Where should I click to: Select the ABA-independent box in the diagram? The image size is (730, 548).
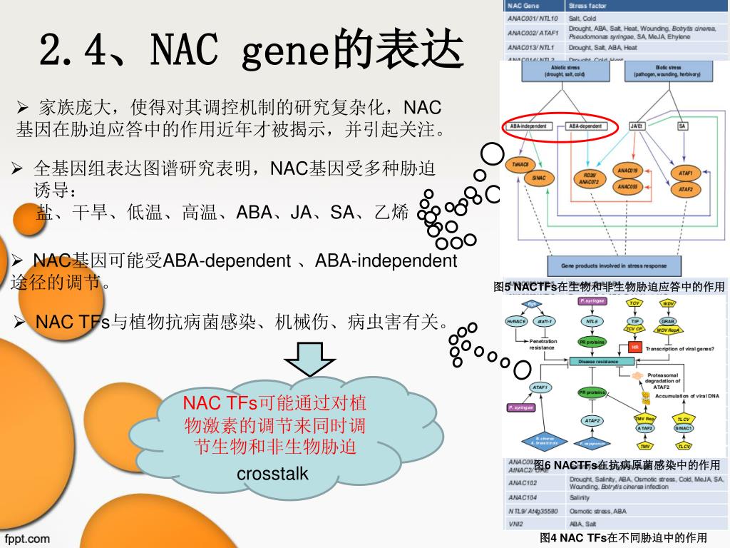(x=528, y=126)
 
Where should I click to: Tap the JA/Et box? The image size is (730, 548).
(x=637, y=126)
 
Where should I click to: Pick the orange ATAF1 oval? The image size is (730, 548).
(x=686, y=173)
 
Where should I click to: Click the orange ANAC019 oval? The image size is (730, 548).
(x=628, y=171)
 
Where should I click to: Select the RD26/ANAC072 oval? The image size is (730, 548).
(x=589, y=178)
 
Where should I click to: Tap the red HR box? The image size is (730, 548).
(x=635, y=347)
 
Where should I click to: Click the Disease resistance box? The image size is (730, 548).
(x=598, y=362)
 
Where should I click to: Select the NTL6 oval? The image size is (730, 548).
(x=592, y=322)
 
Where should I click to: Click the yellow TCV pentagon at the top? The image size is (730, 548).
(x=634, y=303)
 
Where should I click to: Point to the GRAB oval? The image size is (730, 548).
(x=669, y=321)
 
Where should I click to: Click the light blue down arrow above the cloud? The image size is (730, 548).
(x=311, y=360)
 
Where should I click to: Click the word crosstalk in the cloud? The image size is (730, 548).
(x=272, y=473)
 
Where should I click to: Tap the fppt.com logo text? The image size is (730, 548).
(x=28, y=538)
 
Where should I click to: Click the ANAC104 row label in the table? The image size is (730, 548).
(x=523, y=497)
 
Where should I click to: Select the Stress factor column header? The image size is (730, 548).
(x=587, y=6)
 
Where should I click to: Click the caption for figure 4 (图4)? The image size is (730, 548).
(x=623, y=537)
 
